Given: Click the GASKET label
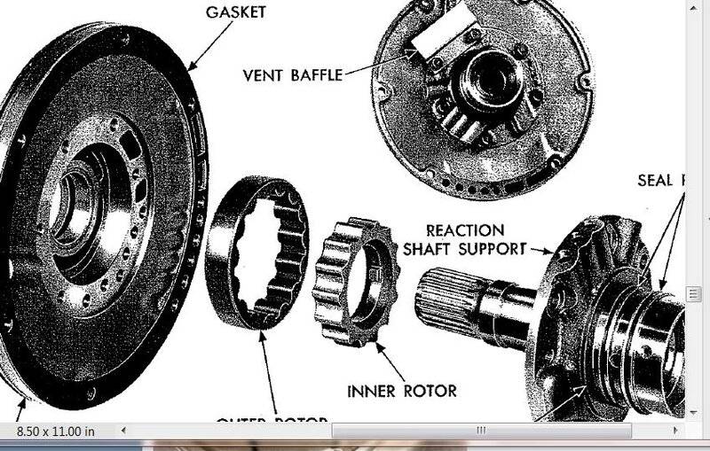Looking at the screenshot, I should point(235,12).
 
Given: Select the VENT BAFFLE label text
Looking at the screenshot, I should point(292,75).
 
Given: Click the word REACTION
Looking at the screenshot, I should point(465,230).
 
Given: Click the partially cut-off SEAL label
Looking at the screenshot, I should point(661,181).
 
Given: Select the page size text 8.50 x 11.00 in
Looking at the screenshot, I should point(56,431).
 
